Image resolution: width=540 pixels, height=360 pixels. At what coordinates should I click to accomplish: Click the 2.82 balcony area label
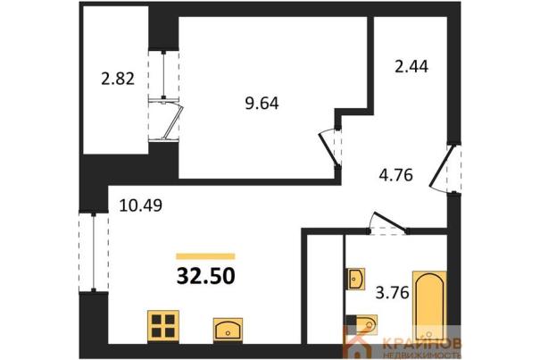pos(118,79)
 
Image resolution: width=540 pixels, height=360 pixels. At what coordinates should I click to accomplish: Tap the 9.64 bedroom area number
pos(262,103)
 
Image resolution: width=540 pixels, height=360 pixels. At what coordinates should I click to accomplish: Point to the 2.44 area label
pos(411,66)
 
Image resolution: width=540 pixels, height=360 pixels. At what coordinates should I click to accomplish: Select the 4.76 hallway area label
pos(395,175)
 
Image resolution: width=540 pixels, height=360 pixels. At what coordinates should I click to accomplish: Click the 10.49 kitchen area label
pos(141,205)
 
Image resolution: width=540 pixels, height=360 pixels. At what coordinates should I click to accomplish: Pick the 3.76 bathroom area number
pos(392,293)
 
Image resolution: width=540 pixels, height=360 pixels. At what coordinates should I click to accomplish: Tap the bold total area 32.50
pos(206,276)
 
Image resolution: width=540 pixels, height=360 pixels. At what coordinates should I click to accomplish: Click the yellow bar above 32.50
pos(205,255)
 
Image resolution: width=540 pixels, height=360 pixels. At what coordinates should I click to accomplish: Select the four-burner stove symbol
pos(163,326)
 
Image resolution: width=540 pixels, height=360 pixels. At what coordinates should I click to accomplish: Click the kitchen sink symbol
pos(228,330)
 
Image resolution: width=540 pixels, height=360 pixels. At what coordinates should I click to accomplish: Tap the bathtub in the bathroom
pos(430,306)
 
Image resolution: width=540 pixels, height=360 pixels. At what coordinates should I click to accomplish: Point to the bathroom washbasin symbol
pos(354,279)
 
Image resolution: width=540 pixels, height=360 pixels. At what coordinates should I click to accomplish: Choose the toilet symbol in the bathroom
pos(361,324)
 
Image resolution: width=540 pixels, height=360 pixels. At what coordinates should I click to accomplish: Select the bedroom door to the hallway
pos(329,147)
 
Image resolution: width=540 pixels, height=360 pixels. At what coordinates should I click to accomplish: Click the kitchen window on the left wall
pos(94,252)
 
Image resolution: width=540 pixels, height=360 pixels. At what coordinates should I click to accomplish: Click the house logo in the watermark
pos(358,346)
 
